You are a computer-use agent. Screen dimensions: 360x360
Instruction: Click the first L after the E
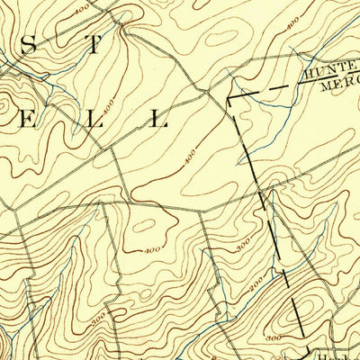(x=94, y=119)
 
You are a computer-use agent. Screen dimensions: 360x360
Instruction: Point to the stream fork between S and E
(x=32, y=76)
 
